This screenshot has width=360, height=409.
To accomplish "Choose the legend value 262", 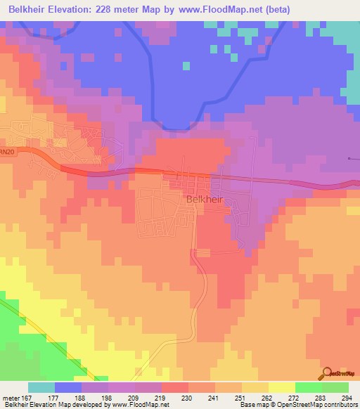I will point(267,397).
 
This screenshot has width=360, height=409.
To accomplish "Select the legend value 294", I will point(347,397).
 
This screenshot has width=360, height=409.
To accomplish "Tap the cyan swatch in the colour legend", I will point(41,387).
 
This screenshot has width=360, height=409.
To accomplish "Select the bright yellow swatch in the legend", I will point(281,387).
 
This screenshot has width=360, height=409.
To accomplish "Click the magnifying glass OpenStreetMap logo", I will point(326,373).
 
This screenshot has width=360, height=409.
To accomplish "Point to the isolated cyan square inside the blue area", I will point(186,66).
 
